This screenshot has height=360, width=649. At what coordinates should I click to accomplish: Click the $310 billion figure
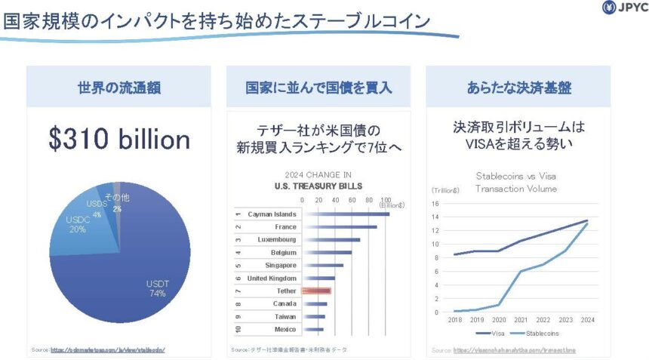[119, 139]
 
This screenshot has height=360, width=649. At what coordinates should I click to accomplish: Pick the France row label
[286, 226]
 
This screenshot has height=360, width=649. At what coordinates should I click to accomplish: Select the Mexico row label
[285, 329]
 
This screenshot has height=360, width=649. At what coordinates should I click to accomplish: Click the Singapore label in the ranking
[281, 265]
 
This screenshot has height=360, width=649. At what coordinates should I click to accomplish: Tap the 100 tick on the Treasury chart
[386, 200]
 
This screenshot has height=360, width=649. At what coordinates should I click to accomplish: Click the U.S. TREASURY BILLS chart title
[318, 186]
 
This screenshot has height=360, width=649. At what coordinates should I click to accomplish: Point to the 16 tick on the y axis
[435, 203]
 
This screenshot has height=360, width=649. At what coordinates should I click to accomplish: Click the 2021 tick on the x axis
[521, 319]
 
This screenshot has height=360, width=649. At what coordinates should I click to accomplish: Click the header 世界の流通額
[119, 87]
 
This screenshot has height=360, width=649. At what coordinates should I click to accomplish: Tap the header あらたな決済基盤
[518, 87]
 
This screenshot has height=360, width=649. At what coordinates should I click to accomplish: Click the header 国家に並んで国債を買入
[318, 87]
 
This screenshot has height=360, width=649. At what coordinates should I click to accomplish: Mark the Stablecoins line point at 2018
[454, 311]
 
